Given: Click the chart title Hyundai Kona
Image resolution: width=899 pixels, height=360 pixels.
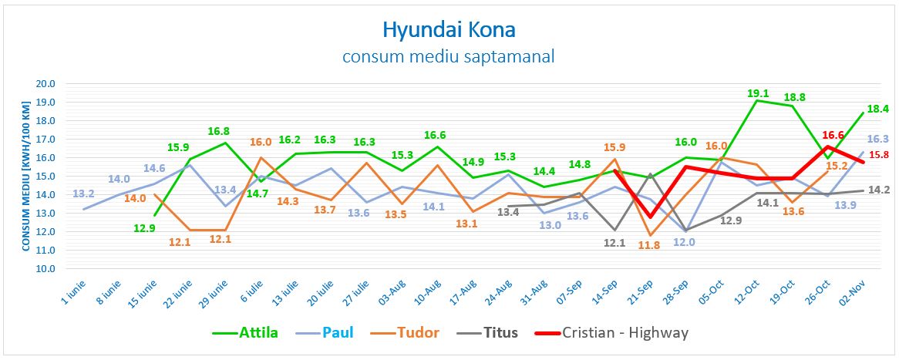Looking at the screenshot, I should [449, 30].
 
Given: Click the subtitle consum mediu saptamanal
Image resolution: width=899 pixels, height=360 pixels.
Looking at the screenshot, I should [449, 56].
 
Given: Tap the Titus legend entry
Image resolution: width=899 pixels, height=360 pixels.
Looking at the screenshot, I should [497, 333].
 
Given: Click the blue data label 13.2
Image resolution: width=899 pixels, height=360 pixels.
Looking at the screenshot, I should [83, 193].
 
